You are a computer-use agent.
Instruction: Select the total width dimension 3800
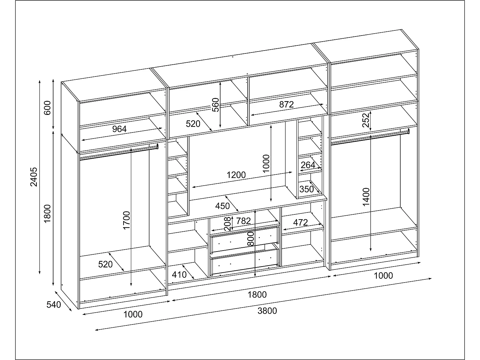(267, 311)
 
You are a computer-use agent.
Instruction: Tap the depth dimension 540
(53, 305)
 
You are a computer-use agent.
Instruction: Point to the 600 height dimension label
(47, 108)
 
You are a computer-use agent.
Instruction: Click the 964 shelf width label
(119, 129)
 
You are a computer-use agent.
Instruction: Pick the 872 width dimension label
(286, 104)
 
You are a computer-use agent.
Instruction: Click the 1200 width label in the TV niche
(236, 175)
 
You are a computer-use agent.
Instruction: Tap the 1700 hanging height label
(127, 220)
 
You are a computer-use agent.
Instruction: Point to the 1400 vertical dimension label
(366, 196)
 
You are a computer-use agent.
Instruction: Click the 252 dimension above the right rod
(366, 120)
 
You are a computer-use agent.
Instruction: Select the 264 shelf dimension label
(308, 165)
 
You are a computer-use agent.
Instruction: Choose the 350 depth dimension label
(307, 189)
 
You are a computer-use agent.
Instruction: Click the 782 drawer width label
(244, 221)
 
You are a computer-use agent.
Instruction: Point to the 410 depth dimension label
(179, 275)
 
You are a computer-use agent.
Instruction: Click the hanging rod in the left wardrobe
(118, 152)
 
